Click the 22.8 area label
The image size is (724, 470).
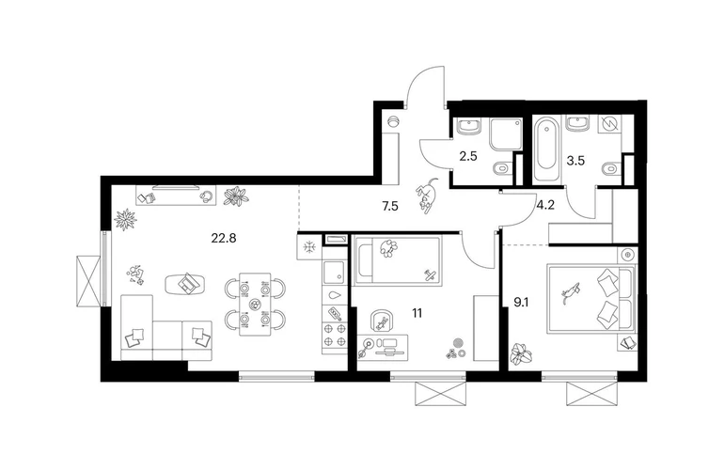[224, 238]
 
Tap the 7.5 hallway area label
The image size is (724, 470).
[390, 206]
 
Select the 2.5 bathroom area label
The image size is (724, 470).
[467, 156]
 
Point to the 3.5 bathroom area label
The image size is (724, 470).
[575, 161]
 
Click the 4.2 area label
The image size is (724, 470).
[545, 205]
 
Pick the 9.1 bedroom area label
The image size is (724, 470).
[522, 303]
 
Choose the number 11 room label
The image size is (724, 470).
[417, 313]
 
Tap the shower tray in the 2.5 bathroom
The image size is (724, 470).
[506, 133]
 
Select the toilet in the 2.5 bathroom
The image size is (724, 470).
[501, 169]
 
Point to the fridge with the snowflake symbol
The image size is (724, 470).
[309, 246]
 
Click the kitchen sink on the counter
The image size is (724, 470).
[334, 272]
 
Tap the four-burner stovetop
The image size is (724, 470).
[335, 336]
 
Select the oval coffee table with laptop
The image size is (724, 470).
[184, 283]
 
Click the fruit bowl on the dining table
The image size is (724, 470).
[255, 305]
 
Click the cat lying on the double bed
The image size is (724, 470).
[571, 291]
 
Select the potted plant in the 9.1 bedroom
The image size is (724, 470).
[521, 353]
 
